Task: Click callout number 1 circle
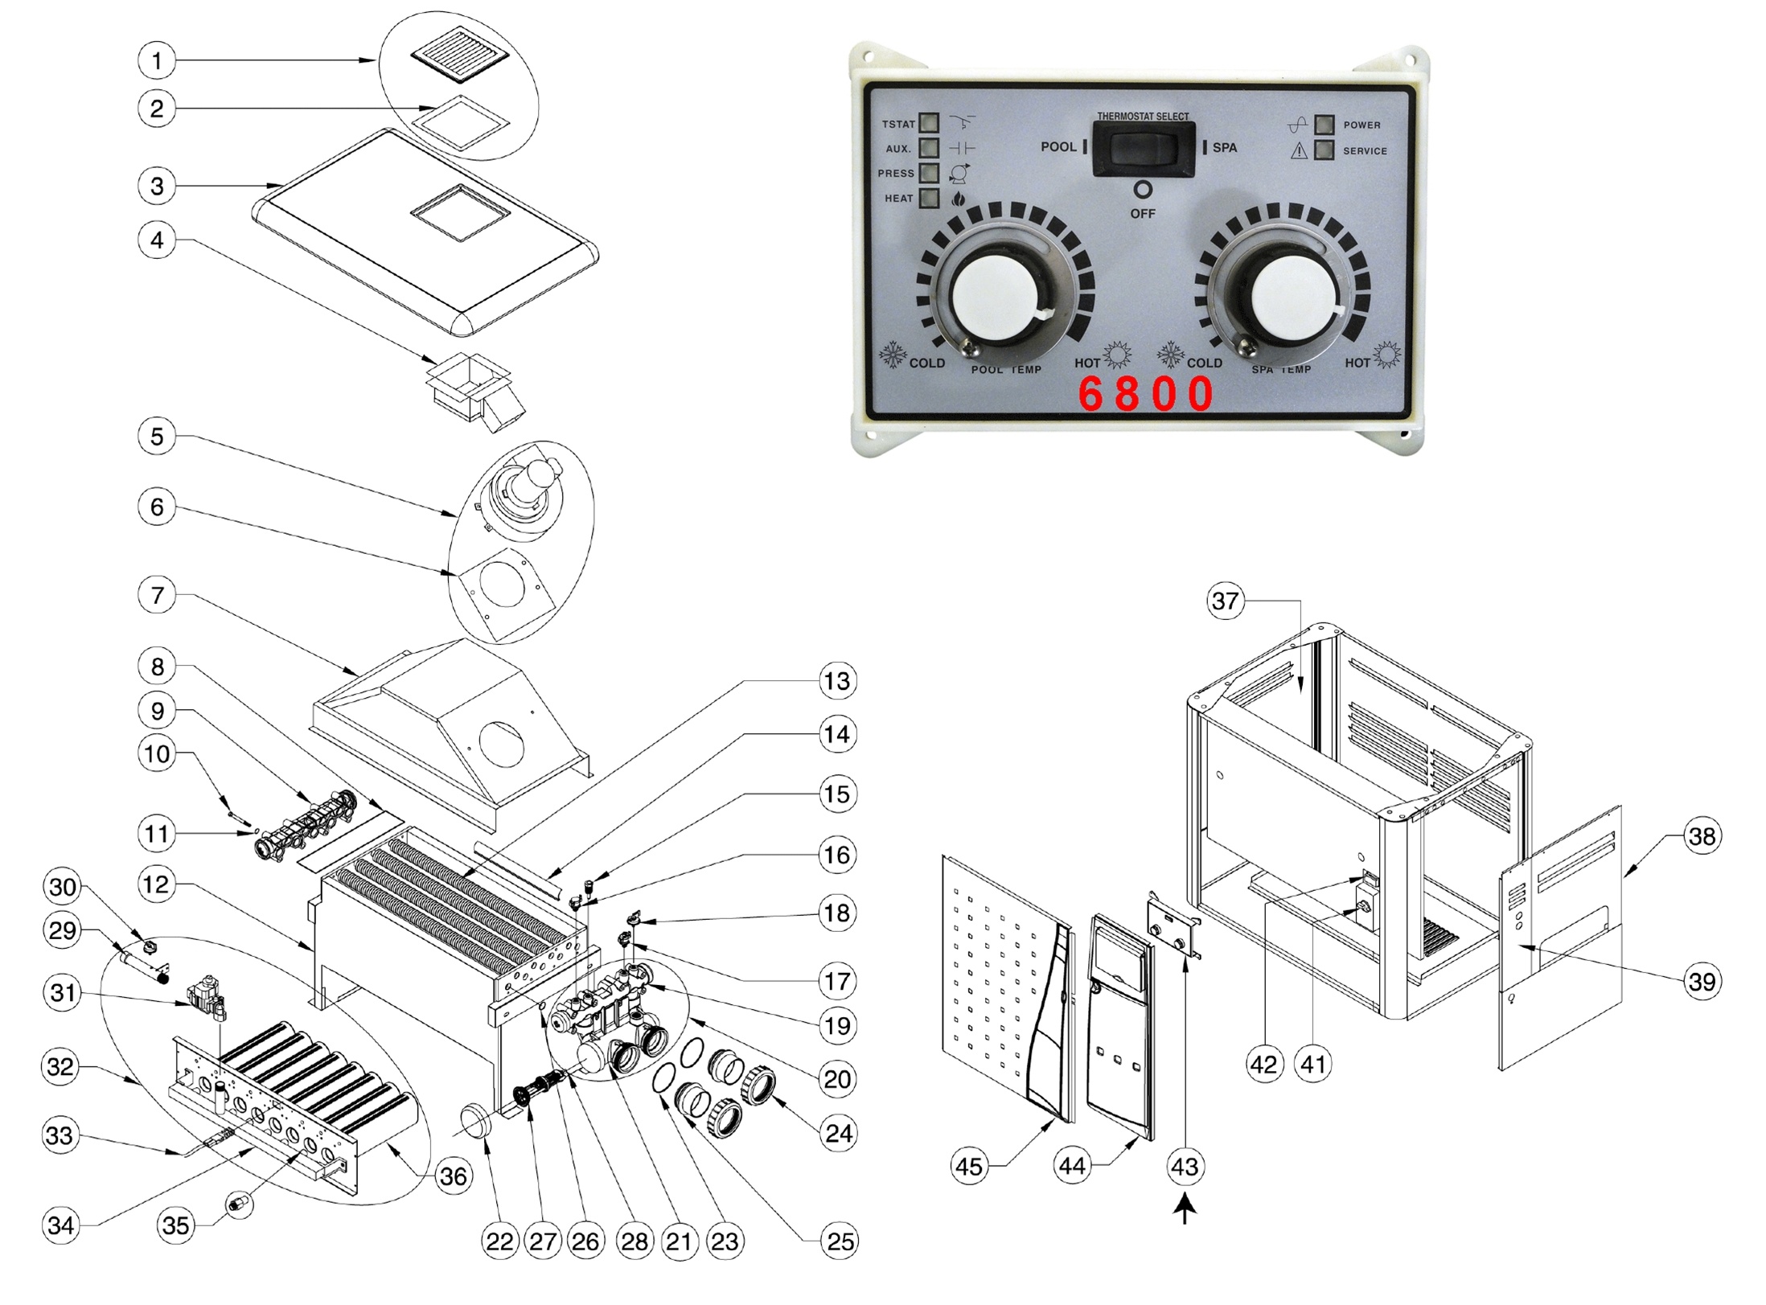coord(157,60)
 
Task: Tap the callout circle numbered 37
coord(1225,601)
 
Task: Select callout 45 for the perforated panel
coord(968,1166)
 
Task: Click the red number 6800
coord(1145,394)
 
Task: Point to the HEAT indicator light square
coord(929,198)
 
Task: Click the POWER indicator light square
coord(1324,125)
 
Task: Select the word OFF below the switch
coord(1142,214)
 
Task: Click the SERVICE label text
coord(1365,150)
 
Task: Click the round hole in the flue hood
coord(502,745)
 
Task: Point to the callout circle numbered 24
coord(839,1133)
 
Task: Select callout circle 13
coord(837,681)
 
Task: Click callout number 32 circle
coord(61,1067)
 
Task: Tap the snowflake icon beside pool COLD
coord(892,355)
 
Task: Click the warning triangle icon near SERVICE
coord(1299,150)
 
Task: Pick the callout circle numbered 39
coord(1702,981)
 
